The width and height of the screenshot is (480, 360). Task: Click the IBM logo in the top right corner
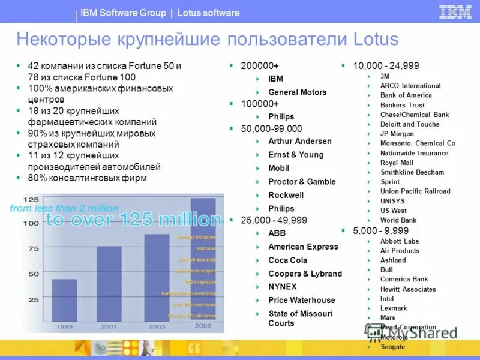click(455, 12)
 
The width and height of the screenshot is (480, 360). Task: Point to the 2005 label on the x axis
click(203, 326)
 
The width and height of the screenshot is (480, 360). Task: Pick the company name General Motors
click(297, 92)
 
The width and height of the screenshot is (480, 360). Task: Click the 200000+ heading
click(260, 65)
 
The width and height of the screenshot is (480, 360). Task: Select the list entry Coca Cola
click(287, 260)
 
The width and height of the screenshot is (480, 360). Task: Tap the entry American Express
click(303, 247)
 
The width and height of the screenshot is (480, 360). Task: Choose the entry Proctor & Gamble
click(302, 181)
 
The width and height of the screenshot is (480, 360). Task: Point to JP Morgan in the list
click(397, 134)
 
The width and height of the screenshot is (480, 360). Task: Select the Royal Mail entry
click(397, 163)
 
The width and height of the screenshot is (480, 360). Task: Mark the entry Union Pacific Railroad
click(415, 191)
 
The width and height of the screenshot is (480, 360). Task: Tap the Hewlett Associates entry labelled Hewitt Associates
click(408, 289)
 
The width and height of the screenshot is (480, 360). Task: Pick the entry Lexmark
click(393, 308)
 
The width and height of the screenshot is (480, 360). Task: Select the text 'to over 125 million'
click(133, 220)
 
